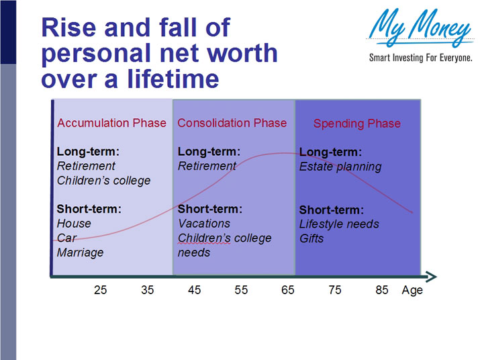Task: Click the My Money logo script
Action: (x=420, y=29)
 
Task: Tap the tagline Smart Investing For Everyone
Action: (x=421, y=58)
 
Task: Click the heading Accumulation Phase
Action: (x=111, y=123)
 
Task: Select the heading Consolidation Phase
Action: (x=232, y=123)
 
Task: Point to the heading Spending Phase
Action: (x=356, y=124)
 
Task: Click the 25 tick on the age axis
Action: (x=100, y=290)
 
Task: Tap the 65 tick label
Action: (x=288, y=290)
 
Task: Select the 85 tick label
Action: (x=382, y=290)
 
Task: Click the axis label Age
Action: (x=412, y=291)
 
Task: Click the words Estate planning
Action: (x=340, y=167)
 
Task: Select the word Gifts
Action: (x=311, y=238)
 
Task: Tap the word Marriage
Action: (x=80, y=253)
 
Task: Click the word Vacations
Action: (x=204, y=224)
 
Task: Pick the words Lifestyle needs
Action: (x=339, y=224)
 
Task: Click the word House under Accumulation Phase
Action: (x=74, y=224)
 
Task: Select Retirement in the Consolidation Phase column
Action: (x=207, y=166)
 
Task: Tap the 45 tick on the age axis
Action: (x=194, y=290)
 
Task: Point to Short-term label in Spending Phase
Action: (x=332, y=210)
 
